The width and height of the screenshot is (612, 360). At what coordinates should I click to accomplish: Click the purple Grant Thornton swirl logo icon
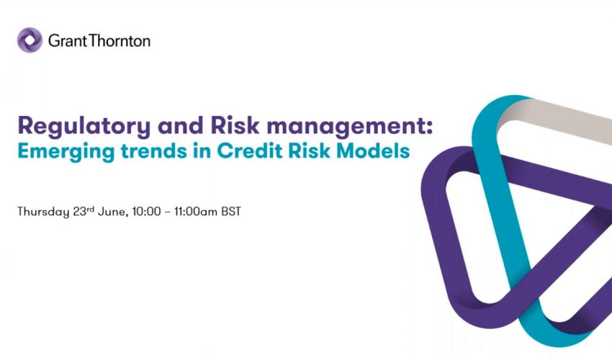(30, 40)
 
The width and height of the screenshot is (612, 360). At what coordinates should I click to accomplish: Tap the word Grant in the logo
(66, 41)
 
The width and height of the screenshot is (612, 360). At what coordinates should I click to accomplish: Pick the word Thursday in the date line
(42, 213)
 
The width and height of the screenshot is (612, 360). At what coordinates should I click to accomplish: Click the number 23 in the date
(81, 213)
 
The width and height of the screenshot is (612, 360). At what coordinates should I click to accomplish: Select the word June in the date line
(114, 213)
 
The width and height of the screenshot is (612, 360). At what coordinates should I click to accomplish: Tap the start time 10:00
(149, 213)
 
